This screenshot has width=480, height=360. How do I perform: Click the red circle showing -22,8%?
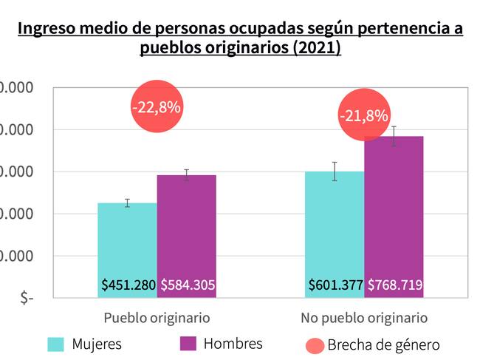(156, 106)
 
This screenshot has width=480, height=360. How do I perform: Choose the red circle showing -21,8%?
(363, 116)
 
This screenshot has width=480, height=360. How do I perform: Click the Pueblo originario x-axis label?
(157, 318)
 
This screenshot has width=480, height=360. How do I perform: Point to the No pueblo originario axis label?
(364, 318)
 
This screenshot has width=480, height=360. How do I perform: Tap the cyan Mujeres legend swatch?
(56, 344)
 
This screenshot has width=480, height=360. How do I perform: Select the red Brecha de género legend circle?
(313, 345)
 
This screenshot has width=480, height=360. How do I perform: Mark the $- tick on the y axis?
(27, 298)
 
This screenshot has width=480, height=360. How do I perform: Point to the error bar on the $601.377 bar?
(335, 171)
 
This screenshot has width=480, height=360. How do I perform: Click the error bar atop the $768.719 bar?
(394, 136)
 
